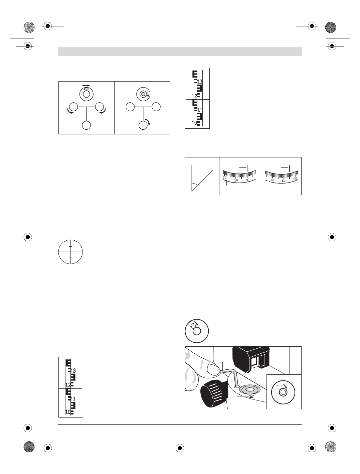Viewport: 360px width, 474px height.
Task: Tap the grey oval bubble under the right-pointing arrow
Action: [x=86, y=89]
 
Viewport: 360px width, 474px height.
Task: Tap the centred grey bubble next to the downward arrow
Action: [x=143, y=95]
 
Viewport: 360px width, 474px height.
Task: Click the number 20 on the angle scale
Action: [x=224, y=177]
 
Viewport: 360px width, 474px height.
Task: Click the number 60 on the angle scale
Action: [x=272, y=180]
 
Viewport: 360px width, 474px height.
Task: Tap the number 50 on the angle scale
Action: [x=284, y=181]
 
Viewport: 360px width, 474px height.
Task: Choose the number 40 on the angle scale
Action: [x=295, y=179]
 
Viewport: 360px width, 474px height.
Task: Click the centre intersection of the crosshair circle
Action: [x=70, y=252]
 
